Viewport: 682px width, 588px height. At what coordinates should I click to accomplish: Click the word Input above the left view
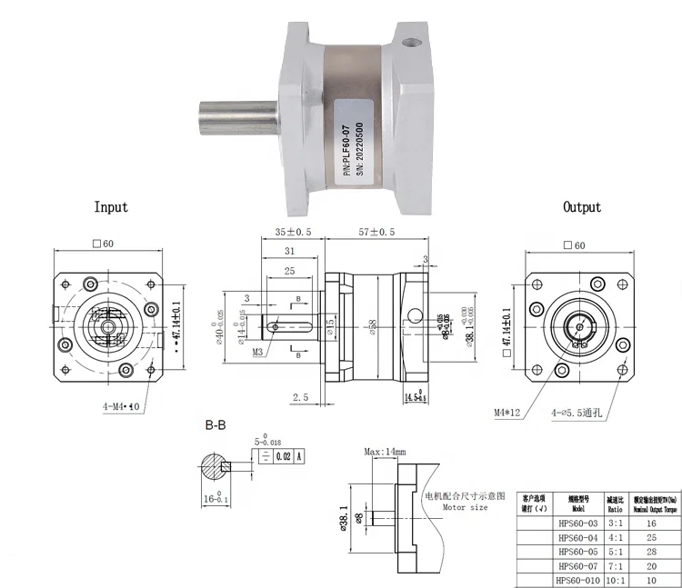pos(111,207)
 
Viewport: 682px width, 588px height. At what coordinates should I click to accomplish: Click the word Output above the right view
pos(582,207)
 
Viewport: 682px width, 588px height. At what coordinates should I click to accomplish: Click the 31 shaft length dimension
pos(288,251)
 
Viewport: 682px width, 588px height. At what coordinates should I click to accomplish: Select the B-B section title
pos(216,424)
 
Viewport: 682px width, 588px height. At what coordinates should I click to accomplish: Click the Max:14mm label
pos(385,452)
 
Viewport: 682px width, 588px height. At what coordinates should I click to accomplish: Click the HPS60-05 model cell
pos(576,551)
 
